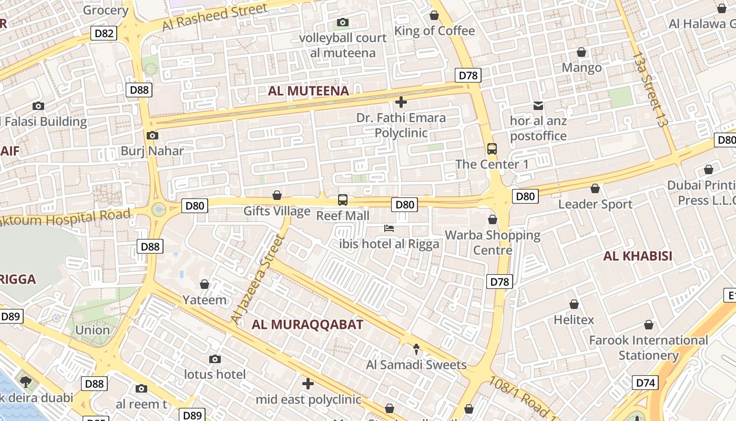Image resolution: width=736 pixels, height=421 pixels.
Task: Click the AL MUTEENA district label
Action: [x=309, y=91]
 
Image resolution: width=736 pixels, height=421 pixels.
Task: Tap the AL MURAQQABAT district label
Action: [x=308, y=324]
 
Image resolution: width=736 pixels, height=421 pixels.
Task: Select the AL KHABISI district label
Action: [x=638, y=256]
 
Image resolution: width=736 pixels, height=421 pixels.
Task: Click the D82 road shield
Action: [x=104, y=34]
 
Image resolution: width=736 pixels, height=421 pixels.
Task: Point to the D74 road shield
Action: [x=645, y=383]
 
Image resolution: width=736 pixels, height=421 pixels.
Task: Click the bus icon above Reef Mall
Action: [x=342, y=200]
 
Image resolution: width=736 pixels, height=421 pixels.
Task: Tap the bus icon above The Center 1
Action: [x=492, y=149]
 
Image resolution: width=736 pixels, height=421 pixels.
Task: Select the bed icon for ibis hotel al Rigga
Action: [x=389, y=228]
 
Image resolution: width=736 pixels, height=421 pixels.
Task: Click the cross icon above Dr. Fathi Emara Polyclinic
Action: [x=401, y=102]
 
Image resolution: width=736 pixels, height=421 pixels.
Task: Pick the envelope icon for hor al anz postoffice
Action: [x=538, y=106]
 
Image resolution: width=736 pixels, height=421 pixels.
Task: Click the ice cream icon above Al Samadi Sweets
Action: [x=416, y=349]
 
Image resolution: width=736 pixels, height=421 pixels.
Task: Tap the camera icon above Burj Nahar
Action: [x=152, y=136]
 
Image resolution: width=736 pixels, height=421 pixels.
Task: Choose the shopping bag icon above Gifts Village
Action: [x=277, y=196]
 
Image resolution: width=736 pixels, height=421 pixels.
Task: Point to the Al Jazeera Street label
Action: [x=258, y=279]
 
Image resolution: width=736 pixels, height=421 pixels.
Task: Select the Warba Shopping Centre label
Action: [x=493, y=242]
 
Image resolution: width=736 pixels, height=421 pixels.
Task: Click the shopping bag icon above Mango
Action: [x=581, y=52]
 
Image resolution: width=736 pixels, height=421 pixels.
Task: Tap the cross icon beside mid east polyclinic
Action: [x=309, y=384]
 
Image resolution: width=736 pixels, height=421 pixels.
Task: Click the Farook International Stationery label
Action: [x=648, y=347]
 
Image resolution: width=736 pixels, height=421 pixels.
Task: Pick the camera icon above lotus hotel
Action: [x=215, y=359]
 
